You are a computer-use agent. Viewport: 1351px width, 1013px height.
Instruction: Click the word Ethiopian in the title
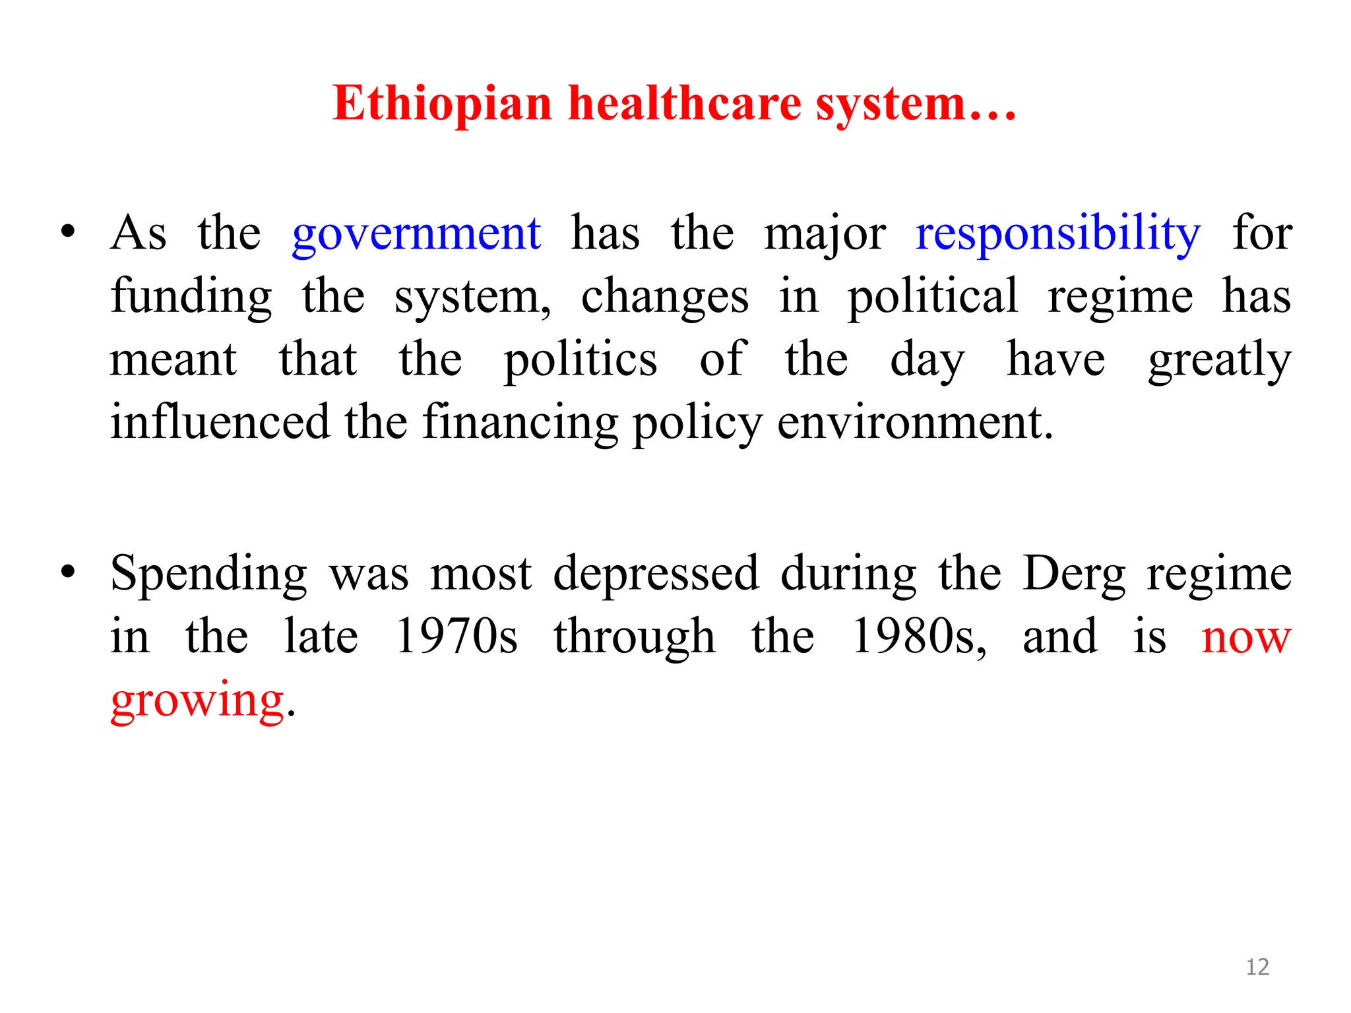442,104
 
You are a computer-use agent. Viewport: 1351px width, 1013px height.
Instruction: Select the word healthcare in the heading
684,104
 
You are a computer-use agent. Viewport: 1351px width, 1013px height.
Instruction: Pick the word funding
191,297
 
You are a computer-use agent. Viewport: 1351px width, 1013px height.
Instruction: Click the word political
933,297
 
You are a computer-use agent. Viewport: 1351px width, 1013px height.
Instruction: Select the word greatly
1219,360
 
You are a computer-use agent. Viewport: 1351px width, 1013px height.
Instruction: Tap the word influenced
220,422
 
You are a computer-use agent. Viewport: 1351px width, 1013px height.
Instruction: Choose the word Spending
208,574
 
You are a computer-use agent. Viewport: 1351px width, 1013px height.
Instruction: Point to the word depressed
656,574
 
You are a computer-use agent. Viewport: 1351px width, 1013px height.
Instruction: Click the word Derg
1075,574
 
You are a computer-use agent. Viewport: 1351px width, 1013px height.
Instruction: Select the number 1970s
456,636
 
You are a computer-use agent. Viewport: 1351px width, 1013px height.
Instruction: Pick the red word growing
197,700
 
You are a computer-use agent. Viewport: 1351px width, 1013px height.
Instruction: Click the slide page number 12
1257,967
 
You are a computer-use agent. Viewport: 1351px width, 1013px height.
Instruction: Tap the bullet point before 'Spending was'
67,572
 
